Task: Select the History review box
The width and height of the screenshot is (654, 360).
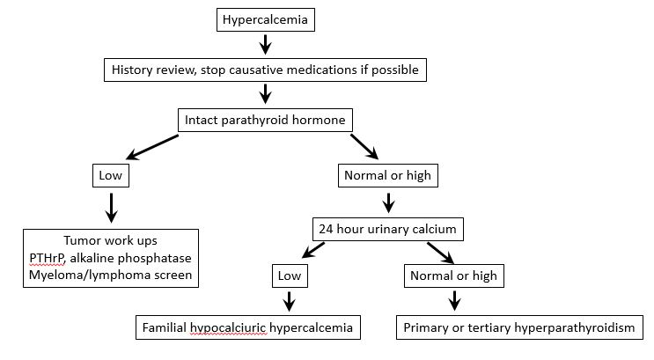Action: tap(264, 68)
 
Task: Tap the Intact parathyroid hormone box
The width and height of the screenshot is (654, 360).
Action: tap(264, 119)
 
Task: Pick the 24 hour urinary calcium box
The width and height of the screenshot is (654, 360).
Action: tap(385, 229)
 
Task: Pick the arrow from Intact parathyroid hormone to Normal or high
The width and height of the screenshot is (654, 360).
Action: tap(365, 146)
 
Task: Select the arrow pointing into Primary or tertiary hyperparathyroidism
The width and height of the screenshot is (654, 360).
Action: tap(454, 302)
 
